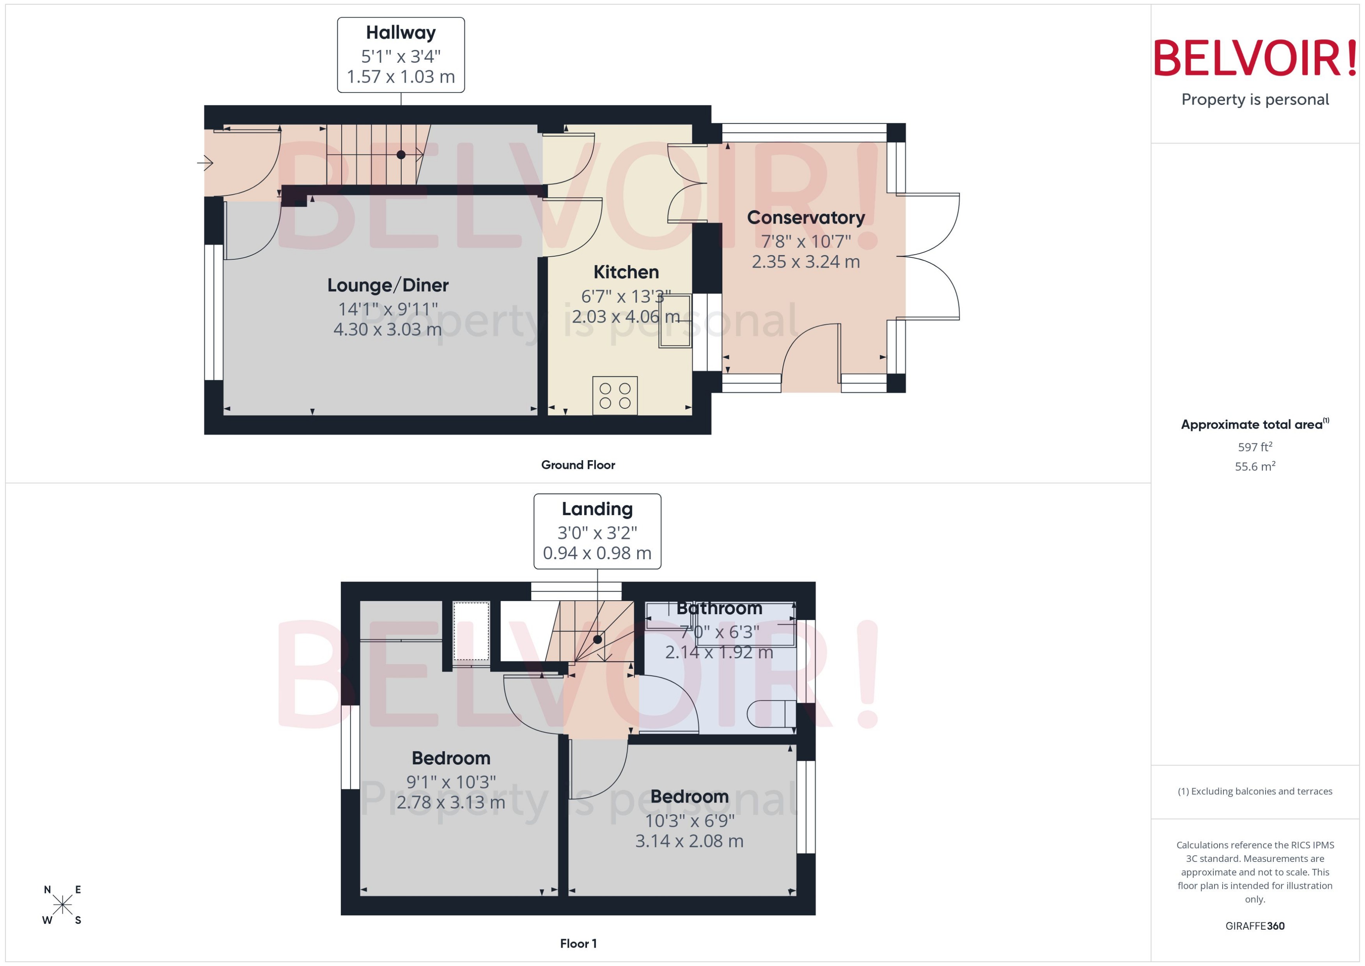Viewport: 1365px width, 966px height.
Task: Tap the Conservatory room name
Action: point(805,218)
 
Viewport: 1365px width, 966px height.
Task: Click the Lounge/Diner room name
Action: point(388,285)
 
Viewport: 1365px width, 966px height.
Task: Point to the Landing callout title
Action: point(597,509)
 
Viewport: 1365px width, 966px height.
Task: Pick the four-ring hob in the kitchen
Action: point(614,395)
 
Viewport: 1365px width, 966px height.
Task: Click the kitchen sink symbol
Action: point(674,321)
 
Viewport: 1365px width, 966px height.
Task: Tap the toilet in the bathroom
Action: point(771,714)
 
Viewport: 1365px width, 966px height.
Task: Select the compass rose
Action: point(62,905)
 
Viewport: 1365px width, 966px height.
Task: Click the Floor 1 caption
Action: point(578,943)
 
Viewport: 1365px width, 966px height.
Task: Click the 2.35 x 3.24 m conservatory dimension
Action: point(805,262)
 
